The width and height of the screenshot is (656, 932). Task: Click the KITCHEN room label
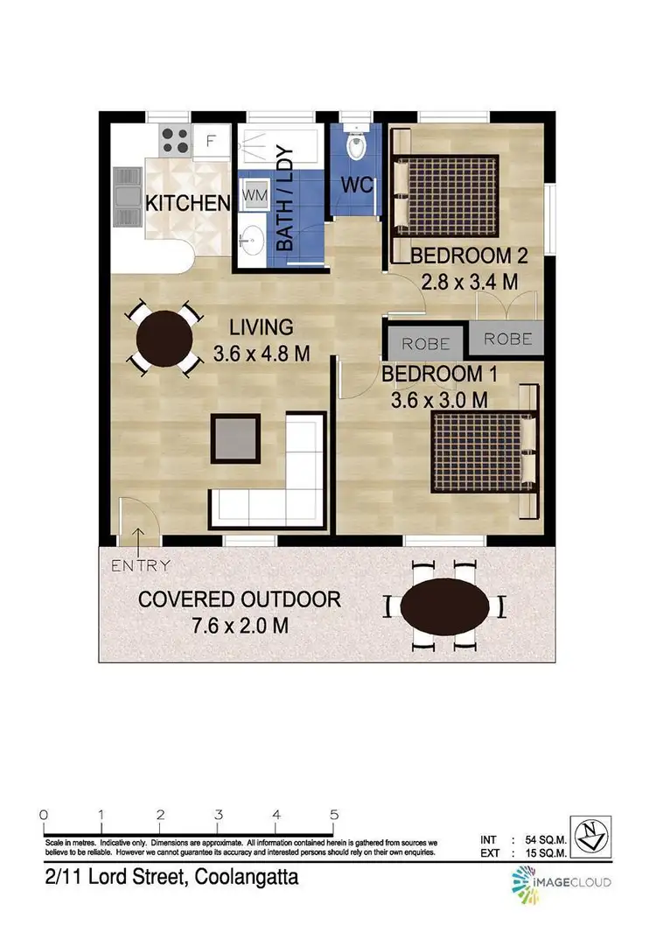tap(187, 203)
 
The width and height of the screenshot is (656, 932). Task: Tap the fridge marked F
tap(211, 139)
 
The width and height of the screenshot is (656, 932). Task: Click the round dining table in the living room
tap(163, 338)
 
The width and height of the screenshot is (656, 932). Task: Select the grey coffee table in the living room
tap(236, 437)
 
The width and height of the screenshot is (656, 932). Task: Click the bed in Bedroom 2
tap(445, 196)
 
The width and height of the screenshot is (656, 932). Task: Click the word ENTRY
tap(140, 565)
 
